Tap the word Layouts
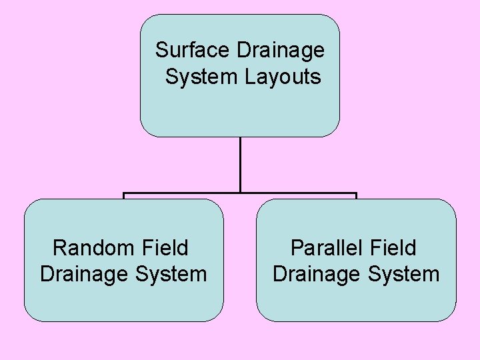tap(283, 77)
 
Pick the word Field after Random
tap(165, 248)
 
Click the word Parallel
tap(326, 248)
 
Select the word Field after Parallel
tap(393, 248)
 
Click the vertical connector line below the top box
tap(240, 163)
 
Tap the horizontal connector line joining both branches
tap(180, 194)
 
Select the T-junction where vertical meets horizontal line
tap(240, 194)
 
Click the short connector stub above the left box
tap(124, 197)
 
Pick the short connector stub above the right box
tap(356, 197)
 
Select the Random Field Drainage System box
tap(124, 300)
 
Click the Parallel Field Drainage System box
tap(356, 300)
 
